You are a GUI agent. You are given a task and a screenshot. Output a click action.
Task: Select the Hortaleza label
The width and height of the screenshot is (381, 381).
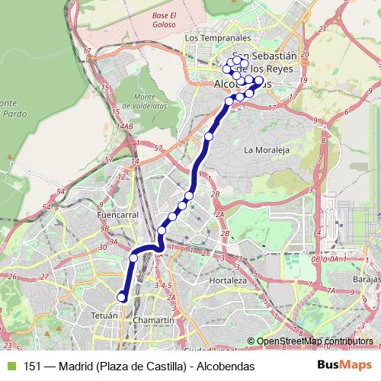pos(229,280)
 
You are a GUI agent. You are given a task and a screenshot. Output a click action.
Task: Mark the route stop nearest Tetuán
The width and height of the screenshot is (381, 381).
pos(121,297)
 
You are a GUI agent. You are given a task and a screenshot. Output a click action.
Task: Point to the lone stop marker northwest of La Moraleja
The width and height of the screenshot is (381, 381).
pos(209,136)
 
